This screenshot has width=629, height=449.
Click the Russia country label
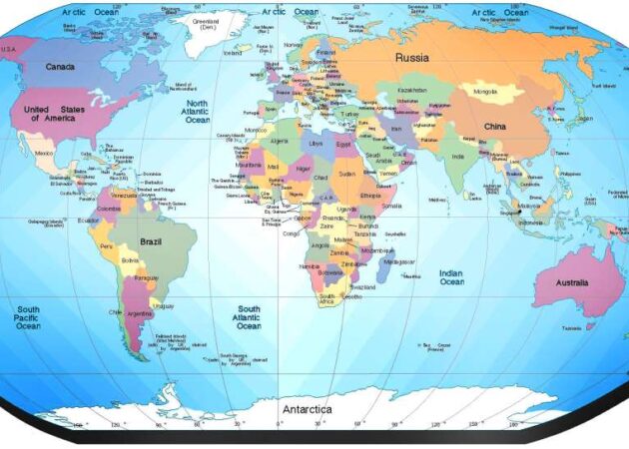point(411,57)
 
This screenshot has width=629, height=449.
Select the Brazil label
point(151,242)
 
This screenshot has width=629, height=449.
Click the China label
point(495,127)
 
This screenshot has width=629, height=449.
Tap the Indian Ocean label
point(451,277)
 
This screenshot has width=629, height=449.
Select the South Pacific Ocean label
point(28,318)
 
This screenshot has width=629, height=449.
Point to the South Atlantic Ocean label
point(248,317)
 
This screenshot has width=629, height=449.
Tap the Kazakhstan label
point(412,90)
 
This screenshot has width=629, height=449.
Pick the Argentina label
point(140,314)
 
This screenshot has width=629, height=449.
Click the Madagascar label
point(367,261)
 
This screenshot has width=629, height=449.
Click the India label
point(456,157)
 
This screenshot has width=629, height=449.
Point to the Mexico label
point(44,154)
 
